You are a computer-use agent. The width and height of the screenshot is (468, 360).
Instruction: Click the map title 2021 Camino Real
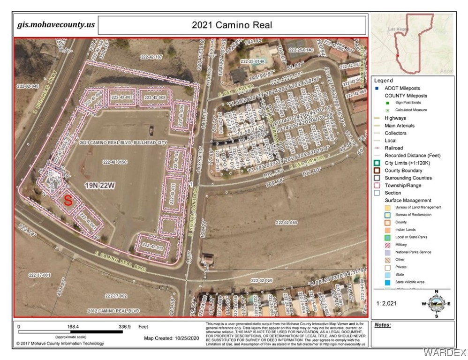point(232,25)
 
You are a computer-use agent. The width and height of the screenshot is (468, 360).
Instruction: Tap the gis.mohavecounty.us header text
point(55,25)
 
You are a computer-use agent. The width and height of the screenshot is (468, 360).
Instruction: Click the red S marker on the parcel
point(68,201)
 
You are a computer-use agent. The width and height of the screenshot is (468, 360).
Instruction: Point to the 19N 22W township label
point(100,185)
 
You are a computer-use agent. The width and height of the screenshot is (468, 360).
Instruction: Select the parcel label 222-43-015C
point(115,162)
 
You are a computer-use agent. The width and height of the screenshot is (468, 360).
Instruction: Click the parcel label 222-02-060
point(287,223)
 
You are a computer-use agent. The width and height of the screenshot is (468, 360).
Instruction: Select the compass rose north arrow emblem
point(437,304)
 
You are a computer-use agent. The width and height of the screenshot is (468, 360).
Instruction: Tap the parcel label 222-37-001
point(39,275)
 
